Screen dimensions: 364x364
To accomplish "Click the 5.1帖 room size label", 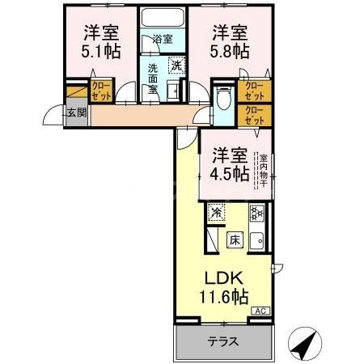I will coord(102,51).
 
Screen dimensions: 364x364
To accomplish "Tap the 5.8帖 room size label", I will coord(230,51).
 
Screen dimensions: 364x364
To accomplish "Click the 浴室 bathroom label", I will coord(163,38).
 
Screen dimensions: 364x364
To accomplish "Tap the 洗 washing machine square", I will coord(176,65).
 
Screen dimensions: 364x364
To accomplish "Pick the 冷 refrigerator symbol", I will coord(216,213).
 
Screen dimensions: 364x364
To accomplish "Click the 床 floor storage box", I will coord(235,239).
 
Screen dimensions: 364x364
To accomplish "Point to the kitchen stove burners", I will coord(257,214).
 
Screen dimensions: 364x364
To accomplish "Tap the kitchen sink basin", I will coord(258,240).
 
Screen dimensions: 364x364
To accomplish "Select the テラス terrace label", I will coord(222,341).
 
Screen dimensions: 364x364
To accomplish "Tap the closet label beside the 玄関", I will coord(100,91).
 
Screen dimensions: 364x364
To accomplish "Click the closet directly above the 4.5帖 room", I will coord(255,116).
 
